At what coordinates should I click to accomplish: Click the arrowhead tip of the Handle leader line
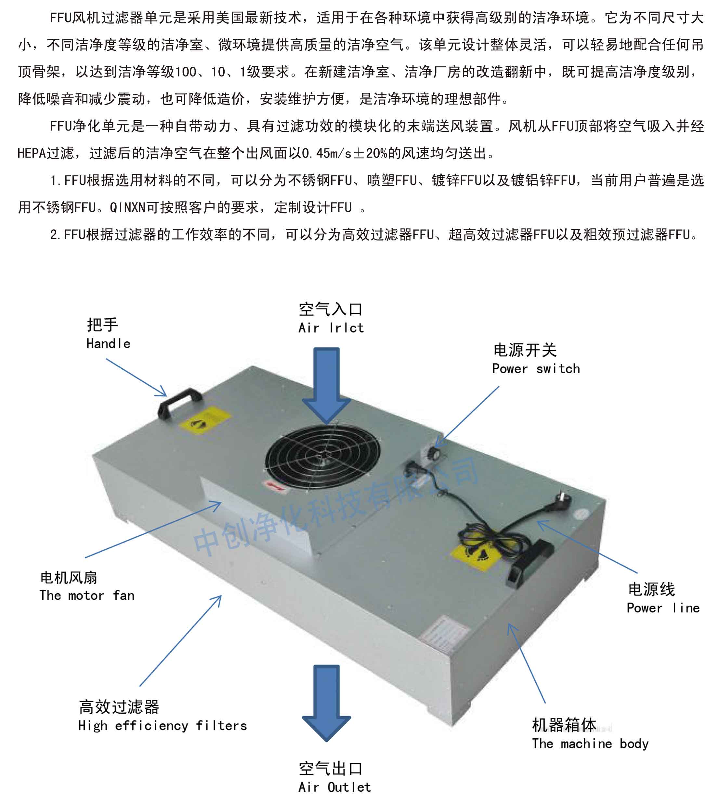point(167,396)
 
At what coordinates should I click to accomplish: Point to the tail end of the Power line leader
point(637,573)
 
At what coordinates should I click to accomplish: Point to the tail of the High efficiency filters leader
point(140,686)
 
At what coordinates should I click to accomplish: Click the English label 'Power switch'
point(536,368)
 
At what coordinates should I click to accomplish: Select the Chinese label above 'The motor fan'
point(69,578)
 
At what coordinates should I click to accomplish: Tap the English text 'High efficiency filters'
point(162,725)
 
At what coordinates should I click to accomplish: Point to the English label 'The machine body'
point(590,744)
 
